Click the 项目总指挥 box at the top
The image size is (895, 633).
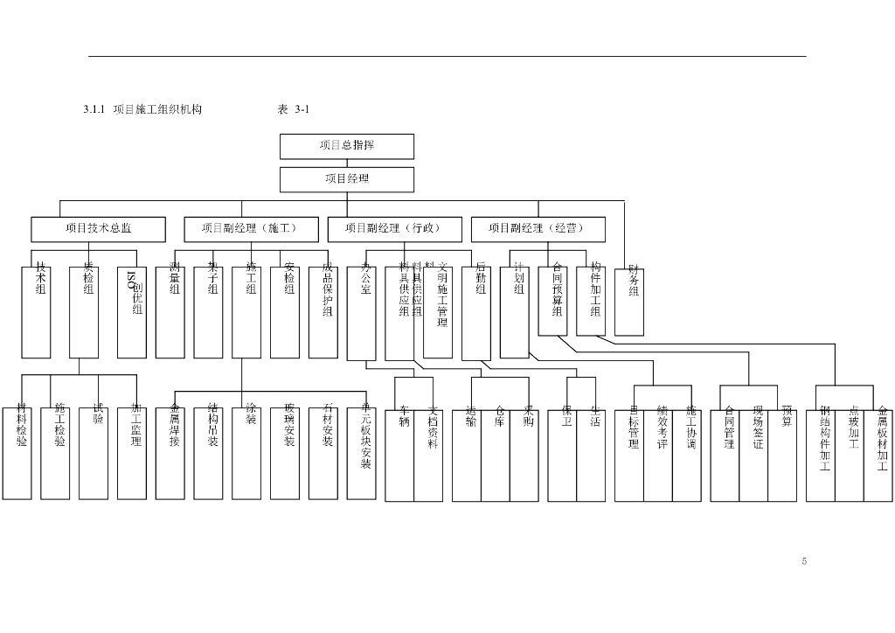(346, 146)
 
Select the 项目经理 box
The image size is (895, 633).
(346, 179)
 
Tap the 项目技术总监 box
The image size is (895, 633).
(98, 229)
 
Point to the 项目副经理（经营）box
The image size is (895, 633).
(538, 229)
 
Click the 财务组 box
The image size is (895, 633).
(629, 302)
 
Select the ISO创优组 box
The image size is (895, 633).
(132, 311)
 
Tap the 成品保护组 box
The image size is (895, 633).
(323, 311)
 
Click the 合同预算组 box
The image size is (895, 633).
(552, 301)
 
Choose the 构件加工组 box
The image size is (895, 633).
(591, 301)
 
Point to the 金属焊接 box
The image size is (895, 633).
(170, 452)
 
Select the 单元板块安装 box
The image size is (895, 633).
(362, 452)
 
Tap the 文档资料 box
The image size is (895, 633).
(428, 454)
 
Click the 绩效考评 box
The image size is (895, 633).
(658, 454)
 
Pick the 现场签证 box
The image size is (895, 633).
(753, 454)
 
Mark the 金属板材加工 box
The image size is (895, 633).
(878, 454)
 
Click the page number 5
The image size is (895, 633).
(803, 560)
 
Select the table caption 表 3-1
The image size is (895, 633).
(294, 109)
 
